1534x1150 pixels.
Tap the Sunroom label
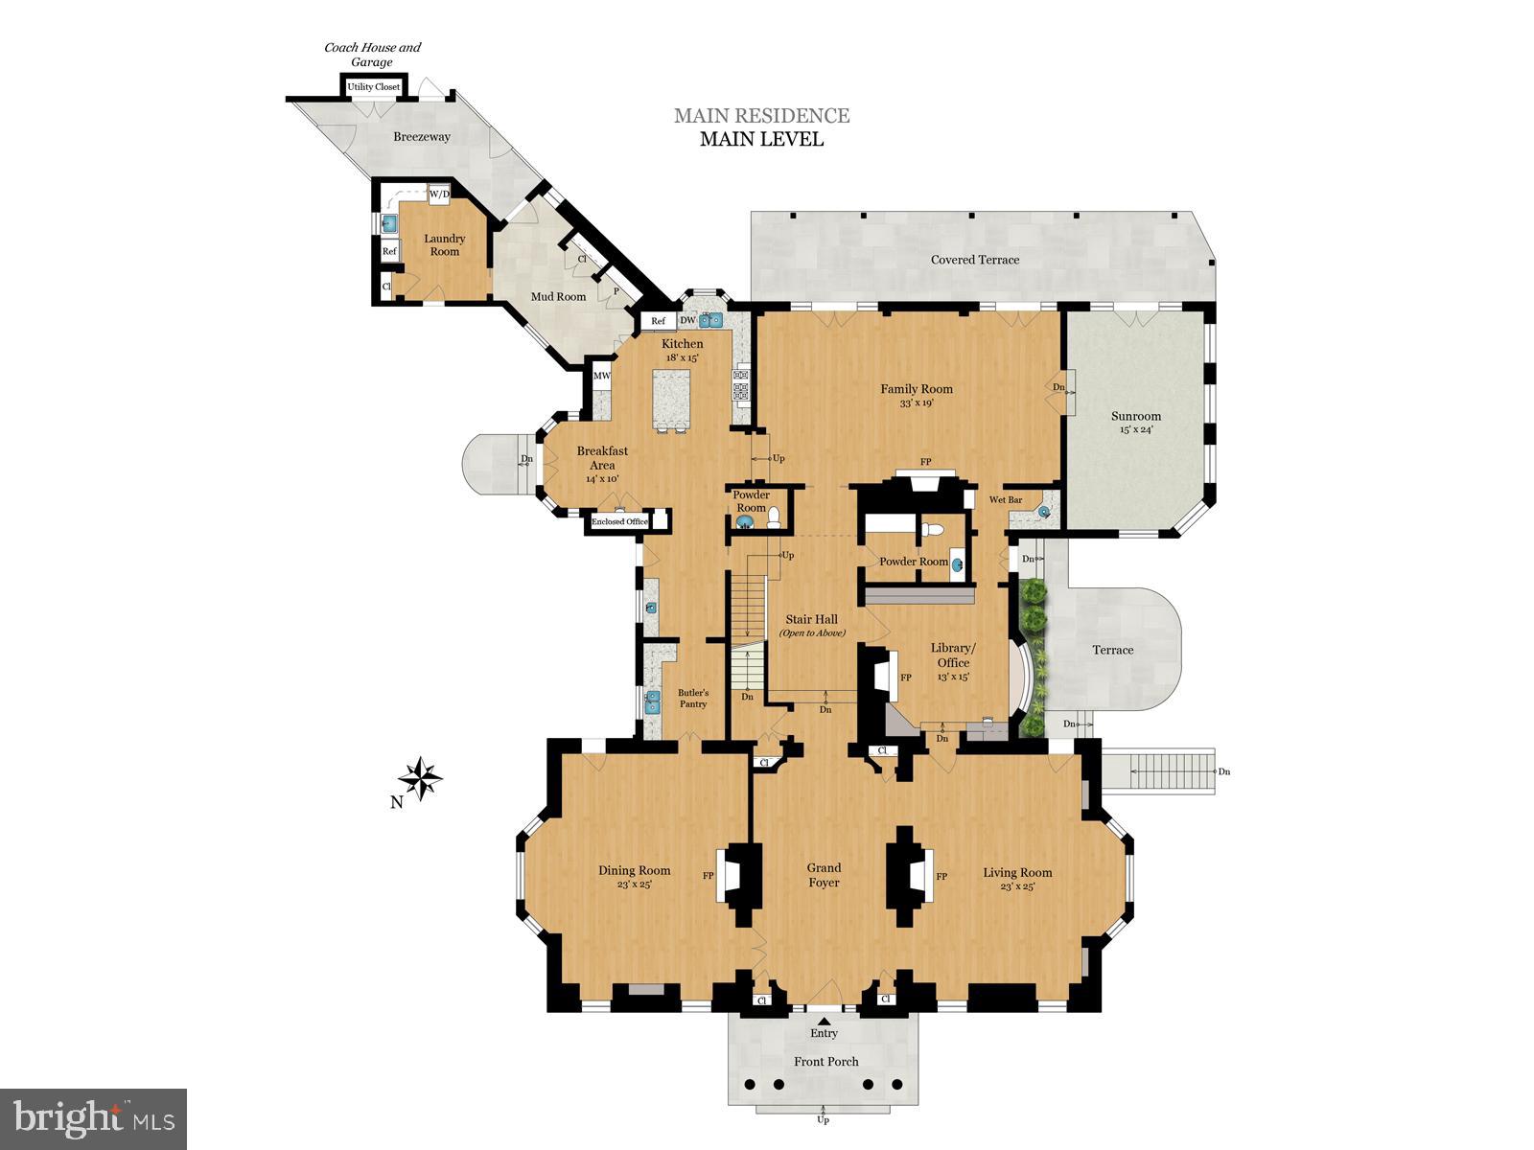point(1136,416)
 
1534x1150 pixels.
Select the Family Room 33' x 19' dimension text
point(916,403)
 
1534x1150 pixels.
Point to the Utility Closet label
point(374,87)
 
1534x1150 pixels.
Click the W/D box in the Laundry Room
point(439,194)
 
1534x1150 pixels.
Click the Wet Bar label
point(1005,500)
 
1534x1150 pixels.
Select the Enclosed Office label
point(619,522)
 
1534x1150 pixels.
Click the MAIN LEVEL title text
point(761,139)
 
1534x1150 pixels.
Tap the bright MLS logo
point(93,1118)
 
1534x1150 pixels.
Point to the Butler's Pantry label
point(693,698)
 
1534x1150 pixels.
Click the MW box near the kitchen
point(602,376)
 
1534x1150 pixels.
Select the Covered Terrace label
point(974,260)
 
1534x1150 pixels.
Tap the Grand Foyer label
point(824,875)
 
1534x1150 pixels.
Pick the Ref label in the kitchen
point(659,321)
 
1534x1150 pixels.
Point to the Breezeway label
point(422,137)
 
